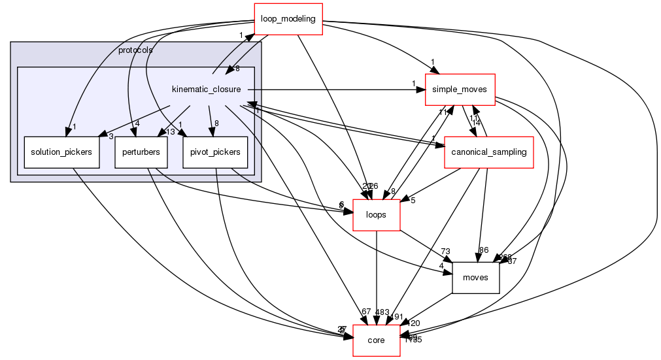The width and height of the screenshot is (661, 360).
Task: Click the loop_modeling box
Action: click(x=288, y=18)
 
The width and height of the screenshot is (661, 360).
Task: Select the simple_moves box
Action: click(x=460, y=90)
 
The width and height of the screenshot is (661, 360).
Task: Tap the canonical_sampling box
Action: click(x=487, y=152)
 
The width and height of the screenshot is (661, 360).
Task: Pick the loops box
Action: click(x=377, y=215)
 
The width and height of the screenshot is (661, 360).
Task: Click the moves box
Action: click(x=475, y=277)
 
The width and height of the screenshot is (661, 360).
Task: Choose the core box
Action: click(x=376, y=340)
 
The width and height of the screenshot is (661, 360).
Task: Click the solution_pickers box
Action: click(x=61, y=152)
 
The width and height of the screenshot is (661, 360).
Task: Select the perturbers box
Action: click(x=141, y=152)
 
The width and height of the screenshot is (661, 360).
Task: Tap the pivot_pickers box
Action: click(x=215, y=152)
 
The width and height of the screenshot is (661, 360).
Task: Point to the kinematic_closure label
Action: click(x=206, y=89)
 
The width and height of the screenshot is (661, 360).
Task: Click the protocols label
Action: click(x=135, y=50)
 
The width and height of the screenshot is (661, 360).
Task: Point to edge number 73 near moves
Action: click(x=447, y=252)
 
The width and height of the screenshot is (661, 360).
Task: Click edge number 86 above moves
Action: click(x=484, y=250)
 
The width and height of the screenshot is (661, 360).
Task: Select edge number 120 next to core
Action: click(x=415, y=323)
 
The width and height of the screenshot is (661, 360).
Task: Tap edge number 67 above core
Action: click(x=365, y=312)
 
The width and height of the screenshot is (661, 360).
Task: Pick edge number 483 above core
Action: click(x=382, y=312)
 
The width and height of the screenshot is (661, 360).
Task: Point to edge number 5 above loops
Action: click(x=413, y=200)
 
